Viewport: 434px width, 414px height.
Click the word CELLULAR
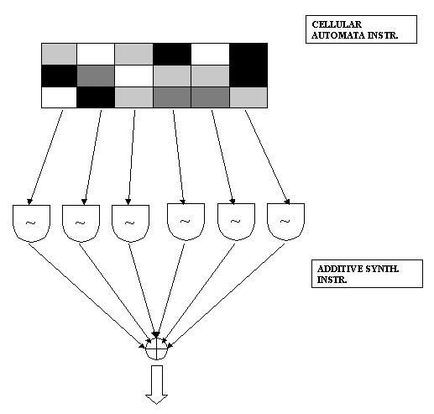pyautogui.click(x=337, y=24)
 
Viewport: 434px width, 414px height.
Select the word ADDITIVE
pyautogui.click(x=339, y=269)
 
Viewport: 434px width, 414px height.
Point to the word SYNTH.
pyautogui.click(x=382, y=269)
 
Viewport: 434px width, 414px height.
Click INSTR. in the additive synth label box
pyautogui.click(x=332, y=280)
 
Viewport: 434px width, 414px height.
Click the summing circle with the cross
pyautogui.click(x=156, y=349)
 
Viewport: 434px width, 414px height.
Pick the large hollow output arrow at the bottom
pyautogui.click(x=157, y=385)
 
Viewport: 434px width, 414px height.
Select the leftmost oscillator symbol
pyautogui.click(x=31, y=223)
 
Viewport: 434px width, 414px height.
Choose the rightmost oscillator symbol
pyautogui.click(x=285, y=222)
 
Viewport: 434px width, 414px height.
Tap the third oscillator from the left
pyautogui.click(x=130, y=223)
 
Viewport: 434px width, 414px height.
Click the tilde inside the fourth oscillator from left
pyautogui.click(x=185, y=222)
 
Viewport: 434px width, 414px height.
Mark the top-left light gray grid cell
pyautogui.click(x=59, y=54)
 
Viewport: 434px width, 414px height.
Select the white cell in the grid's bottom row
pyautogui.click(x=59, y=97)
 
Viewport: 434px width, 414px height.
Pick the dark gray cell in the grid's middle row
pyautogui.click(x=96, y=76)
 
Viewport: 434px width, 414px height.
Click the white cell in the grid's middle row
pyautogui.click(x=133, y=76)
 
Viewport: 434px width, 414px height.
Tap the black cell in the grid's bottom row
pyautogui.click(x=96, y=97)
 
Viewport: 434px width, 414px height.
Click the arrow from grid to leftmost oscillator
pyautogui.click(x=45, y=157)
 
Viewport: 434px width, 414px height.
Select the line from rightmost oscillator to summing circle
pyautogui.click(x=226, y=296)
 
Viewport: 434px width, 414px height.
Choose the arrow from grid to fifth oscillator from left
pyautogui.click(x=222, y=157)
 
